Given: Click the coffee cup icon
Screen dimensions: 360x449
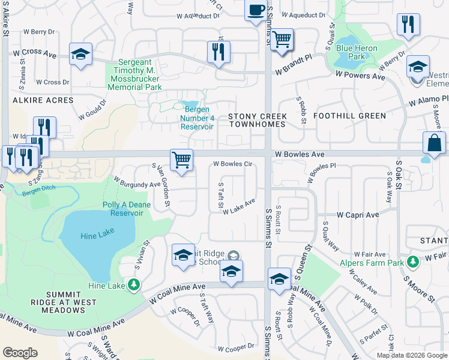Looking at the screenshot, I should click(256, 11).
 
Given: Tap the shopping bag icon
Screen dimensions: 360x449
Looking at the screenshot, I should click(434, 144).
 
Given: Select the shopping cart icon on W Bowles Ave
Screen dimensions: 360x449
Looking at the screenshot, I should click(181, 160).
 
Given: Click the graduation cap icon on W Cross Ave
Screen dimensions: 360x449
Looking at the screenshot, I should click(80, 55).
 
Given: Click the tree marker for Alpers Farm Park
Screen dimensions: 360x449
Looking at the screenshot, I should click(412, 261).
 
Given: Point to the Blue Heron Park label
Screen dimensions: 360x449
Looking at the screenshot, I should click(357, 52).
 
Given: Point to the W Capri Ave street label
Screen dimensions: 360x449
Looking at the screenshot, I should click(358, 215).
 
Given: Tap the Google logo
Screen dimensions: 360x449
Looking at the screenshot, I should click(20, 352).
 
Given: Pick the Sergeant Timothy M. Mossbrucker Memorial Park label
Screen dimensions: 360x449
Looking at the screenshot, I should click(134, 74).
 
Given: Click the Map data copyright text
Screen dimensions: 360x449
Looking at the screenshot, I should click(411, 355).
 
